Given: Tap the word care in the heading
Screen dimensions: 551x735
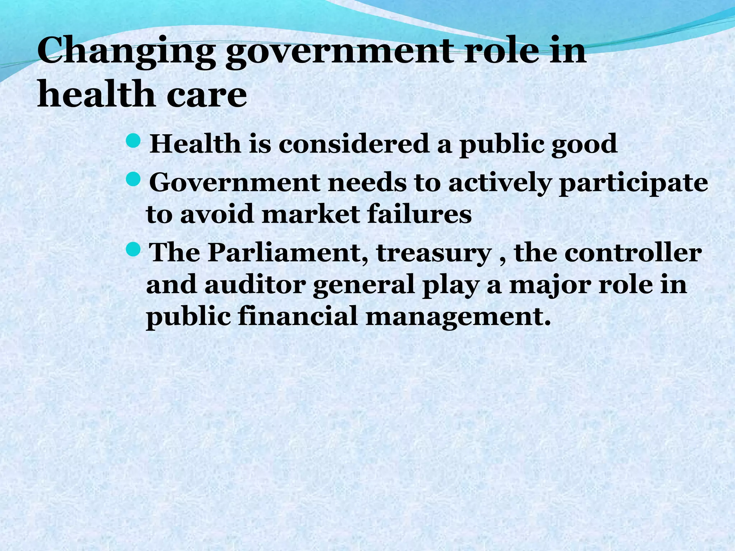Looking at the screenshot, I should coord(207,95).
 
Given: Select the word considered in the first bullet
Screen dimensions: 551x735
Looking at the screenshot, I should coord(354,144).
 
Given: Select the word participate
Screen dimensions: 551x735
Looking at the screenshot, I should coord(633,183).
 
